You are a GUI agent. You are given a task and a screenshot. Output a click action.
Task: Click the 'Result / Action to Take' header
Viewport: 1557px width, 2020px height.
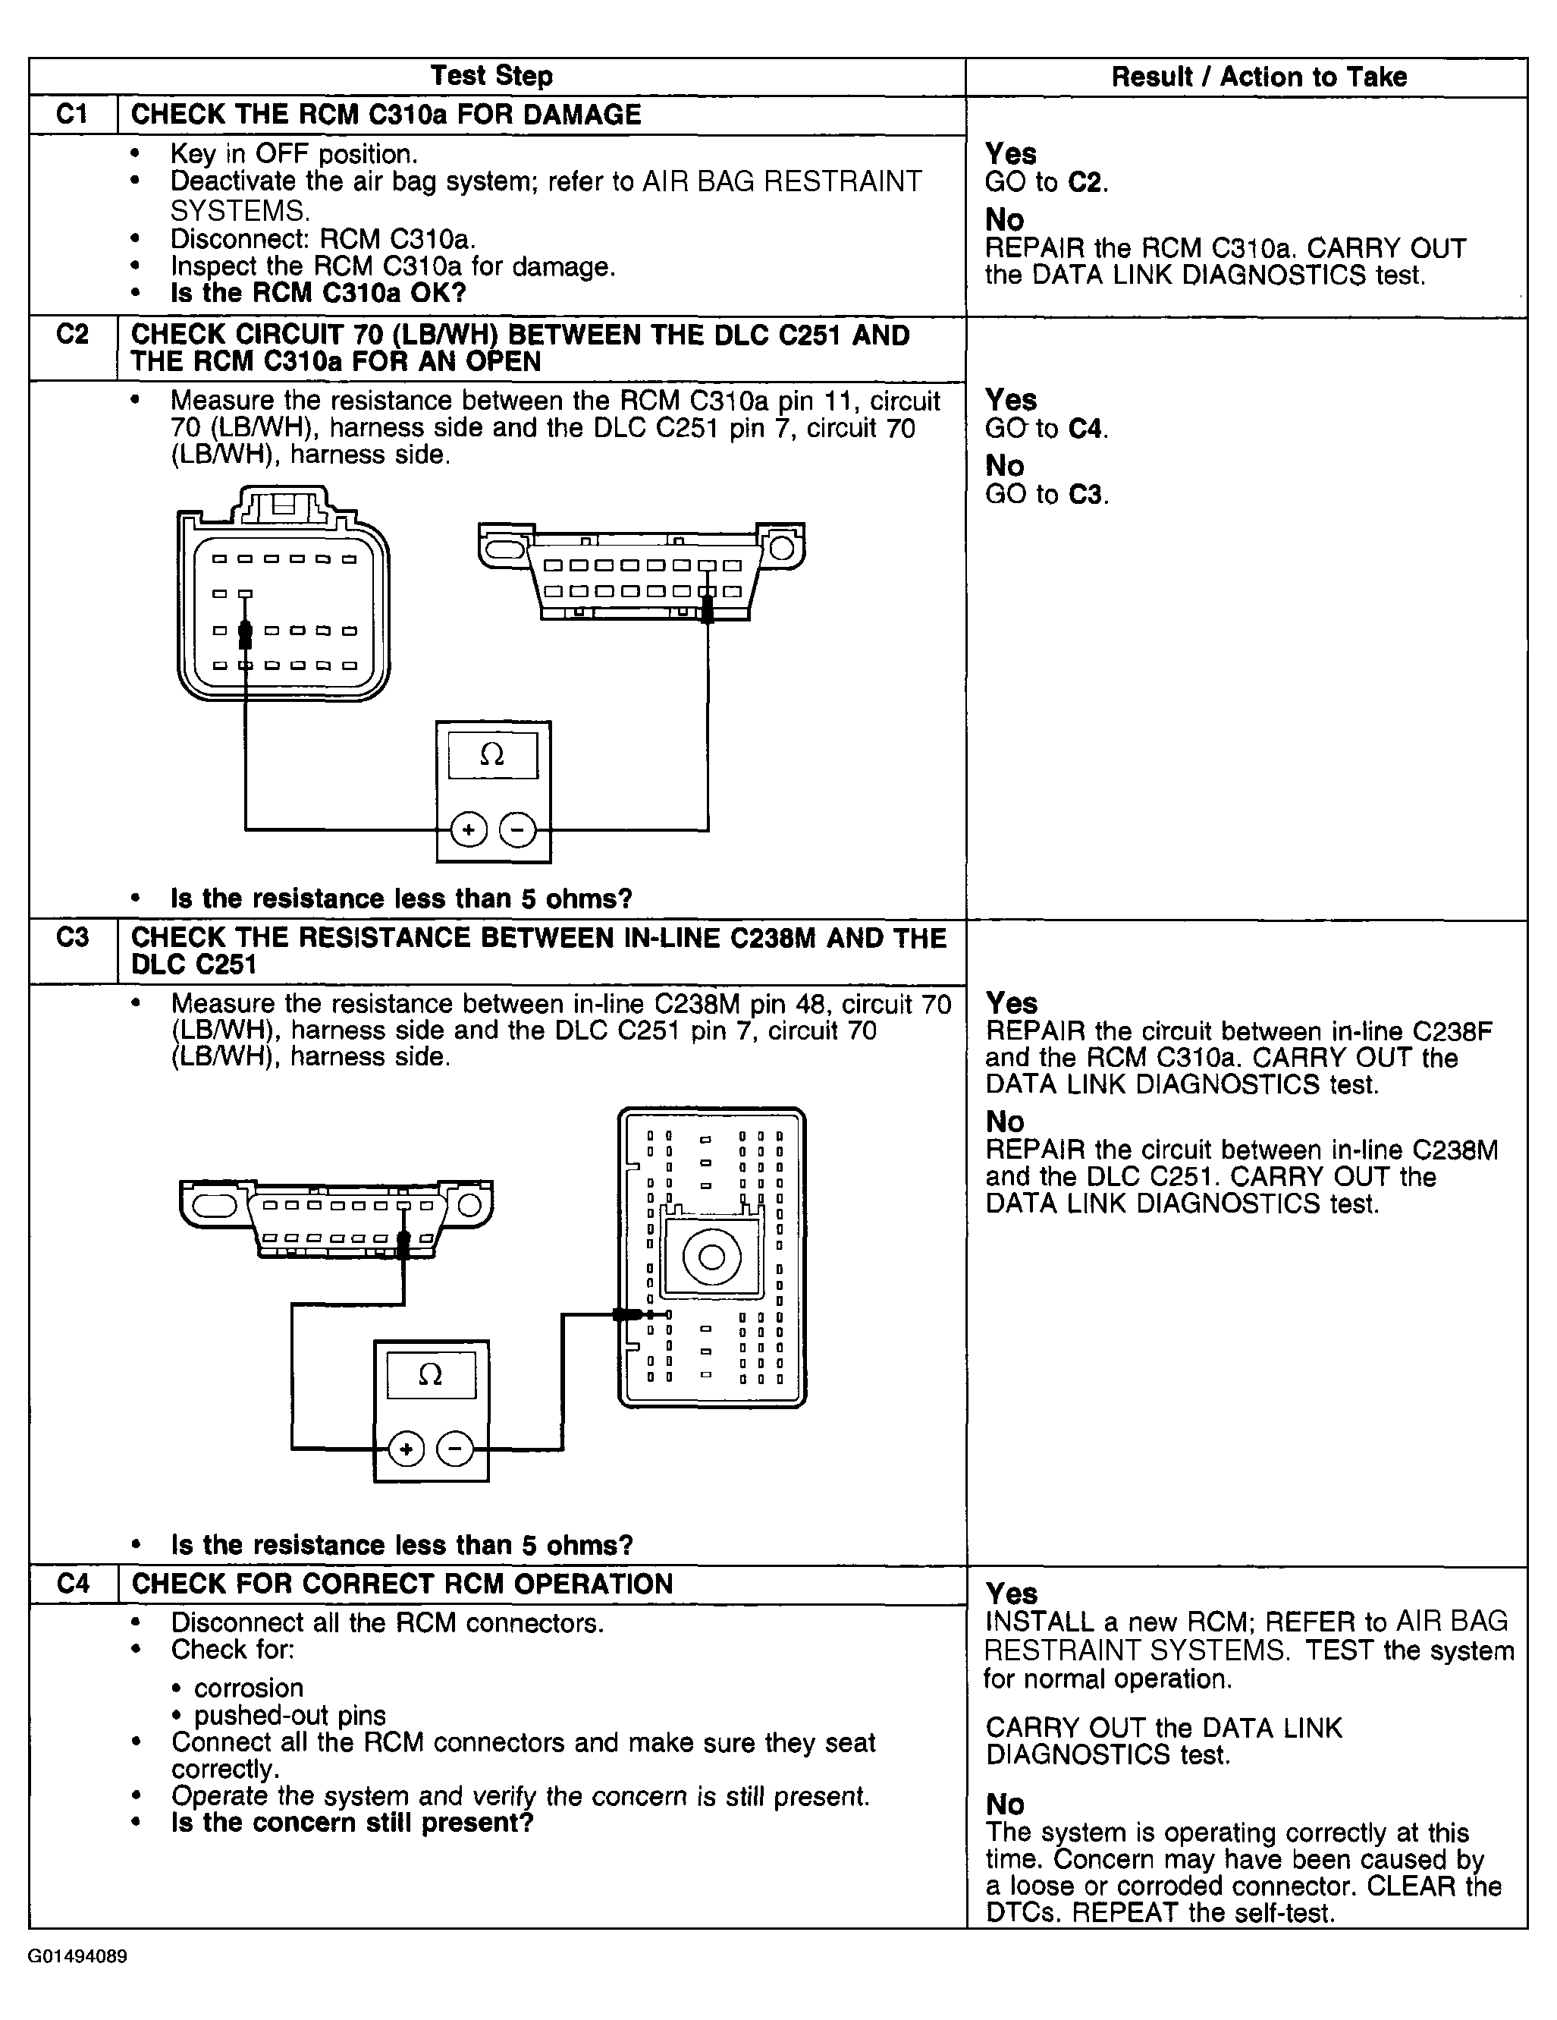pos(1258,77)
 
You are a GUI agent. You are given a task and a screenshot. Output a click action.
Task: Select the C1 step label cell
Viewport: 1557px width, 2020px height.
pos(72,115)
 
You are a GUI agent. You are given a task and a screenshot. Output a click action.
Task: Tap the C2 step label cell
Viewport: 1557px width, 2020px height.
pos(72,334)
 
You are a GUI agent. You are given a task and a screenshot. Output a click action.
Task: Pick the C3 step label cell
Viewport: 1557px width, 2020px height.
pos(72,938)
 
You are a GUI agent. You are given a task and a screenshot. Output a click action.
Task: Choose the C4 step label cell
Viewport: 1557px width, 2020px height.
pos(72,1584)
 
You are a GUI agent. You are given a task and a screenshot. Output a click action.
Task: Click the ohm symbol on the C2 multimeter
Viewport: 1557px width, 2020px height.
pos(492,756)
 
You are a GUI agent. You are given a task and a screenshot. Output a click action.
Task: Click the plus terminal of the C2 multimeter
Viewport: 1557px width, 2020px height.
pos(469,829)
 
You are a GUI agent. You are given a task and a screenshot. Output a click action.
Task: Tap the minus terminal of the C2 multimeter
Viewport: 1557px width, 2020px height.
pos(516,829)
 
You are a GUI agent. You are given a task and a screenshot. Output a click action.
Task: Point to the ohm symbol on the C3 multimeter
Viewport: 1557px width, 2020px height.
pos(430,1375)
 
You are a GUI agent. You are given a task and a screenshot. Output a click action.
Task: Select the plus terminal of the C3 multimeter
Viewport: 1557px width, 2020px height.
pos(406,1449)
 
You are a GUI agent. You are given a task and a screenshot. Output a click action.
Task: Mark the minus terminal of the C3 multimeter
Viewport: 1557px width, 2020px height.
pos(454,1449)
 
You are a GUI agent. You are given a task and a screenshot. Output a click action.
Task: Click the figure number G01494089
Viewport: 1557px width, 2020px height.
pos(77,1957)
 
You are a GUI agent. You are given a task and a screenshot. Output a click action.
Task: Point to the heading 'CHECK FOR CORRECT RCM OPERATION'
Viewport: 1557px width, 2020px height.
pos(402,1584)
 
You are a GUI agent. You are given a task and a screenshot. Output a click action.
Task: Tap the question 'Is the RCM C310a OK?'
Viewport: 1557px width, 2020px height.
pos(318,293)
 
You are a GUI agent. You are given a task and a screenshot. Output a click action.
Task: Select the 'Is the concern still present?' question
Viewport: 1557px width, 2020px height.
pos(352,1823)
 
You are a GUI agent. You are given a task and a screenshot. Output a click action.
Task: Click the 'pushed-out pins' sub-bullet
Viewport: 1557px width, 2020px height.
pos(290,1715)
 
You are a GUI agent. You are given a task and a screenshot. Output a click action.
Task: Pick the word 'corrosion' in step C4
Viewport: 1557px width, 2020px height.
pos(248,1688)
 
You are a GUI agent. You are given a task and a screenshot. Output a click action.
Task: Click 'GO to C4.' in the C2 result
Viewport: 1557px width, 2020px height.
pos(1046,428)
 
